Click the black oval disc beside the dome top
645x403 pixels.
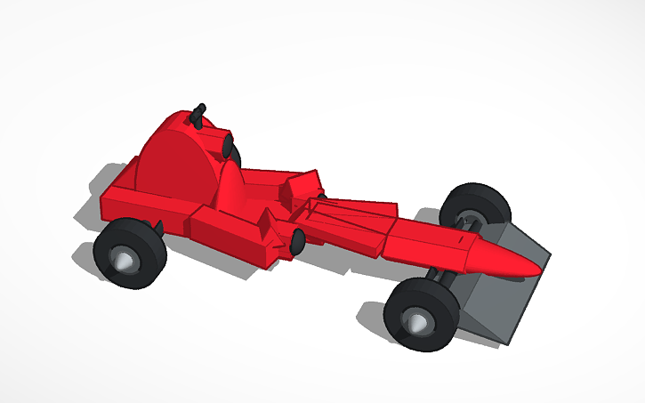coord(228,145)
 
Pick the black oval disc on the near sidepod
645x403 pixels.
coord(297,238)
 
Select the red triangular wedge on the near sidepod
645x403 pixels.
coord(265,228)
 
